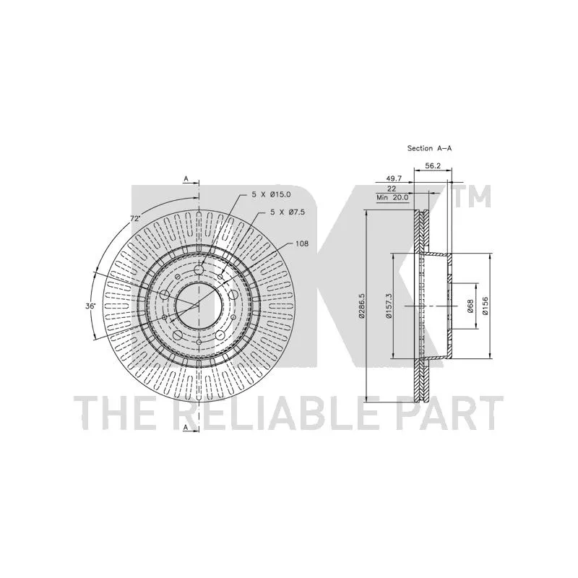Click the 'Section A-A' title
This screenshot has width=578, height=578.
pyautogui.click(x=429, y=148)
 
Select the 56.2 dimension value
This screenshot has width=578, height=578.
pyautogui.click(x=433, y=166)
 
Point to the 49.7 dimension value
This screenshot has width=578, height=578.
pyautogui.click(x=394, y=178)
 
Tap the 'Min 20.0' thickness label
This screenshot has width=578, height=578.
pyautogui.click(x=392, y=197)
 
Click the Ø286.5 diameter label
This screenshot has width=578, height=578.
pyautogui.click(x=362, y=306)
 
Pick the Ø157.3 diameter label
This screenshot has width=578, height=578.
pyautogui.click(x=388, y=306)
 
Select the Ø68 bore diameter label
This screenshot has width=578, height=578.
pyautogui.click(x=470, y=306)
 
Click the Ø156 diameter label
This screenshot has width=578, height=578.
pyautogui.click(x=485, y=306)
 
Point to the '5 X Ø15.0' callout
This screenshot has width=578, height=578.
pyautogui.click(x=272, y=194)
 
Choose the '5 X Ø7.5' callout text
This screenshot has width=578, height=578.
pyautogui.click(x=288, y=212)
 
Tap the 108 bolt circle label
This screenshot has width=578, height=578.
pyautogui.click(x=302, y=243)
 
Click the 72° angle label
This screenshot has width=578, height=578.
pyautogui.click(x=136, y=218)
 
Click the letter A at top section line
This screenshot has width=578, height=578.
pyautogui.click(x=186, y=178)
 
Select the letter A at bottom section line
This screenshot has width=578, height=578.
pyautogui.click(x=186, y=427)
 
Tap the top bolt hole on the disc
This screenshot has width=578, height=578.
pyautogui.click(x=199, y=269)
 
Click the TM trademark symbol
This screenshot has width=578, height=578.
pyautogui.click(x=473, y=196)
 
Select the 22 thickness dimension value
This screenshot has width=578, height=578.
pyautogui.click(x=392, y=189)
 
